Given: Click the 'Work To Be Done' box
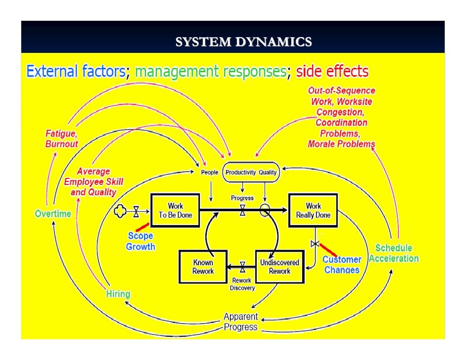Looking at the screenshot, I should pos(175,211).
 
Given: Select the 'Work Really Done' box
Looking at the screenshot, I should pos(313,211).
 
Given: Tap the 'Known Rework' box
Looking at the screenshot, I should pos(203,267).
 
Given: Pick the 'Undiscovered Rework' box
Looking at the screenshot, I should pos(280,267).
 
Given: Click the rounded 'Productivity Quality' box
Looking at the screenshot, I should pos(251,173).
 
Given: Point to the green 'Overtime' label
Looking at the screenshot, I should pos(53,214).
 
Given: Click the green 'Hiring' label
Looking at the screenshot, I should pos(118,294).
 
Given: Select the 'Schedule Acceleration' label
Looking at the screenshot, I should pos(394,253).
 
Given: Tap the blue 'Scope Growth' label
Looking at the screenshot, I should pos(140,241).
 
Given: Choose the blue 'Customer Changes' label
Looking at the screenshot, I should pos(342,265).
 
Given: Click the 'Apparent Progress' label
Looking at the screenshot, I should pos(240,321).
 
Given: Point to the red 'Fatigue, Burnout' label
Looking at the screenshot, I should pos(62,139).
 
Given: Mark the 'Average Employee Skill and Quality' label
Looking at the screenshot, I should pos(93,181).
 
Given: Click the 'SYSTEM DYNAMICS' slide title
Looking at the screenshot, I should pos(243,43).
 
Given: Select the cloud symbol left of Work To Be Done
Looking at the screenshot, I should pos(121,211).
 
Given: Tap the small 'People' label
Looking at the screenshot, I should pos(209,173).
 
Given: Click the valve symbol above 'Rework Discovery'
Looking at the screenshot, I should pos(242,268).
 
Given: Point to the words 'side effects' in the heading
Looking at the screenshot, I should pos(332,72).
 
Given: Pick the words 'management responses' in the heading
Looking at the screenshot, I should pos(210,72).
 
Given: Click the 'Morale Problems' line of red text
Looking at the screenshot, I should pos(341,144).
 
